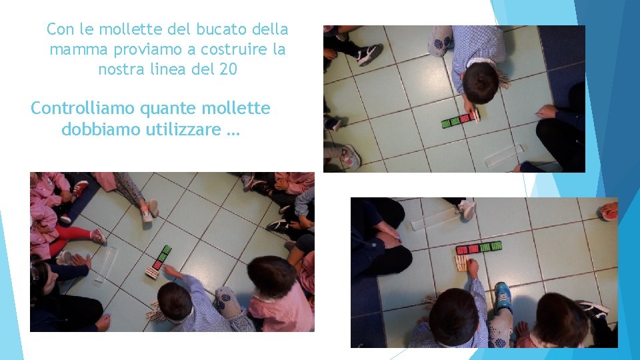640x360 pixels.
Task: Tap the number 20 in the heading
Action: pos(227,69)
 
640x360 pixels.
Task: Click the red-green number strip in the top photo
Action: pos(460,121)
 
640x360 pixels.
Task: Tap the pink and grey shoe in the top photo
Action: pos(349,157)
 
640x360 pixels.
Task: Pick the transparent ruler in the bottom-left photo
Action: pos(107,263)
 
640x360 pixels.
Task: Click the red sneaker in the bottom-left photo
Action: pos(80,189)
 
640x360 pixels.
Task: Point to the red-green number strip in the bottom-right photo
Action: pos(479,247)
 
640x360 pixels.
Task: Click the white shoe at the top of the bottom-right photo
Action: pos(467,209)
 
